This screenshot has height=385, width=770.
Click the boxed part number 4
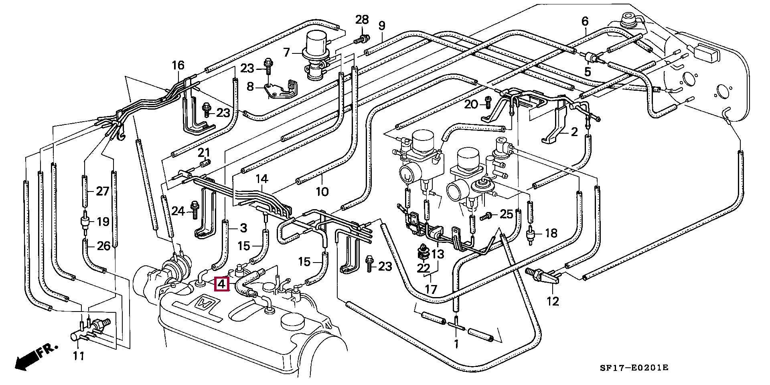click(222, 284)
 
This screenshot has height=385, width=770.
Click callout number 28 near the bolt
click(362, 19)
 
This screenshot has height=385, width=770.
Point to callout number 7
click(286, 53)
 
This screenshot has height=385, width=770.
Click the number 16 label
click(178, 65)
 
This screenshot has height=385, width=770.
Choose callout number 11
click(79, 355)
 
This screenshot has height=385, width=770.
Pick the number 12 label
click(553, 301)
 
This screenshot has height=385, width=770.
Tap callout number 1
click(456, 344)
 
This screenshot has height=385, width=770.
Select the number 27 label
click(103, 191)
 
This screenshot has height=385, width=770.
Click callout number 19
click(103, 221)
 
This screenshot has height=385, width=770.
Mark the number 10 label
click(322, 191)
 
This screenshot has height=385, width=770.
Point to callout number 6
click(585, 21)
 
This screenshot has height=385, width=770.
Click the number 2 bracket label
click(574, 132)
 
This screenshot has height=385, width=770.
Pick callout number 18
click(551, 233)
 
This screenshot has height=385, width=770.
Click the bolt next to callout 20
click(488, 103)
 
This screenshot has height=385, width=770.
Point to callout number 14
click(262, 179)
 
